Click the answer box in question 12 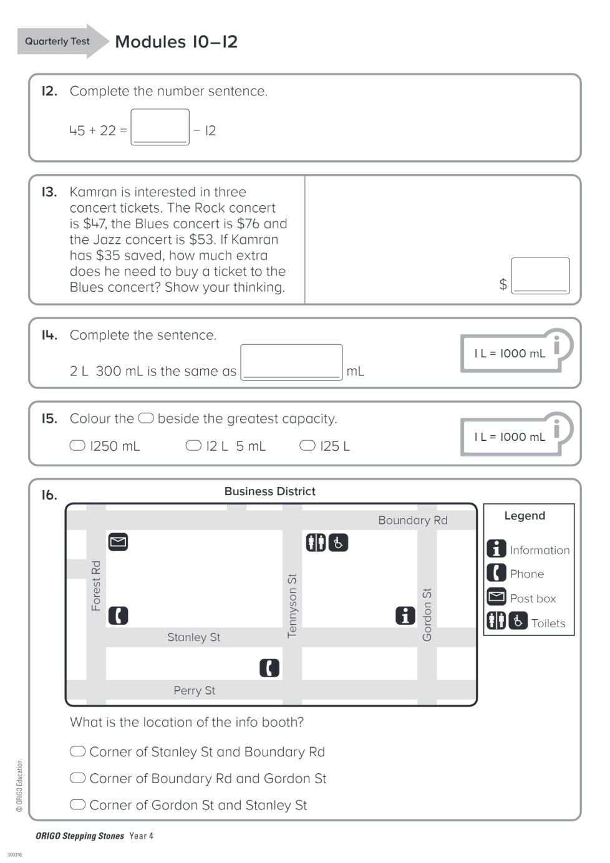[160, 127]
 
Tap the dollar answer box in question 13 [540, 275]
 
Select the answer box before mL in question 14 [291, 362]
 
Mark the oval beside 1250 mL [77, 445]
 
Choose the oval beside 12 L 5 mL [193, 445]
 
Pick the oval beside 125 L [307, 445]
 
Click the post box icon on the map [118, 542]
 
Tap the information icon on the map [405, 615]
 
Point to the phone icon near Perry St [269, 668]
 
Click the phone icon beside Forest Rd [118, 615]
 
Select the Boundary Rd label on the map [412, 520]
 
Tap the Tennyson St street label [292, 605]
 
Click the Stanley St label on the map [193, 637]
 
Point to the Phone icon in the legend [496, 572]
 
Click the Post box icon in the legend [496, 597]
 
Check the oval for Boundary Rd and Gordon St [77, 778]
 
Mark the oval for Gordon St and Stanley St [77, 804]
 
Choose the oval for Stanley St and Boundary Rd [77, 751]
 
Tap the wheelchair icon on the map [338, 542]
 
